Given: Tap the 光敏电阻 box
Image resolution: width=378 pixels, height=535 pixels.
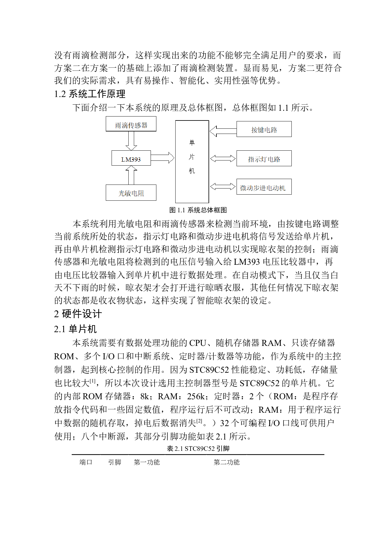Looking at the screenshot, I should (x=131, y=192).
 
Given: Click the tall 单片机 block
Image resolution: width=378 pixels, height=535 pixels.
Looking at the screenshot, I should (x=192, y=162).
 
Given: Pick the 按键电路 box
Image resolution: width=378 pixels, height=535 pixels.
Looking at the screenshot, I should (x=264, y=129).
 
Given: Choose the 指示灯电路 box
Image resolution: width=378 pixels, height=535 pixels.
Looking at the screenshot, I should (x=264, y=158).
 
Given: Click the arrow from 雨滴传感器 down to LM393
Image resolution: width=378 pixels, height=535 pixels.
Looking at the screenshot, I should (x=131, y=141).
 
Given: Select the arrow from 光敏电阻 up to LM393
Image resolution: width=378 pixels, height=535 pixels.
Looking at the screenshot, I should (x=131, y=175).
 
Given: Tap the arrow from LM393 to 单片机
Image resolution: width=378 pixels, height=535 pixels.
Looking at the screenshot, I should (x=162, y=158).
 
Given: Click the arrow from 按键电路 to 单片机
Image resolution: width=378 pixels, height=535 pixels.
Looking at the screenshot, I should (x=223, y=131).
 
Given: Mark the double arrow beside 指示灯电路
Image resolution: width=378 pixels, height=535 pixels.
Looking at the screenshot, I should (x=223, y=158).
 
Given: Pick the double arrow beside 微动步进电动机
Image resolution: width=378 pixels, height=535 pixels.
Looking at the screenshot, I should (x=223, y=186).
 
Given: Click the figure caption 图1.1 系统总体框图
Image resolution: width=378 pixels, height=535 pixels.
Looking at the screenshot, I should (x=198, y=210).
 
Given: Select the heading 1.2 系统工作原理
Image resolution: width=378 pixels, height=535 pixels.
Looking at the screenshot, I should (x=90, y=94).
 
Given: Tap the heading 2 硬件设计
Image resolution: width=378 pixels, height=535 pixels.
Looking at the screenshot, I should (x=78, y=314).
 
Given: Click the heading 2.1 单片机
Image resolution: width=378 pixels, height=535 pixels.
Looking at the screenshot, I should (x=75, y=329).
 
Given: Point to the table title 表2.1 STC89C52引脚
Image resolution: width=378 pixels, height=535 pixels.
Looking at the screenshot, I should (x=198, y=448).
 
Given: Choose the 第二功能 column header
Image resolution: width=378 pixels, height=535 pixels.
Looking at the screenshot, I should (x=226, y=462).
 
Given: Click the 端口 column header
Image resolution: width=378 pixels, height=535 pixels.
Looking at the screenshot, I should (x=86, y=462).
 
